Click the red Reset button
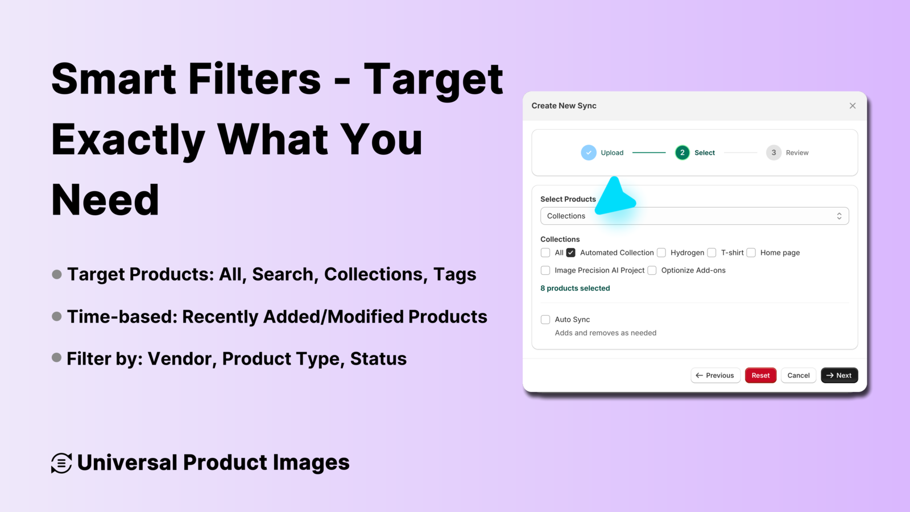[760, 375]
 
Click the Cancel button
[799, 375]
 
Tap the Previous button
[715, 375]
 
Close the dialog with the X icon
[853, 106]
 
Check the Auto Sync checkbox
[545, 319]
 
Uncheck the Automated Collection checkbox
[570, 253]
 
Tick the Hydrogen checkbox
[661, 253]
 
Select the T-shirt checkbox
[712, 253]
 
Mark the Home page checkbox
[751, 253]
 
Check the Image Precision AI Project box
[545, 270]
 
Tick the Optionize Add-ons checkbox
[652, 270]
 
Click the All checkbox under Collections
[545, 253]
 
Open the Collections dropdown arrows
[839, 216]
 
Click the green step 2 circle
[682, 152]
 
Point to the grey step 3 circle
[773, 152]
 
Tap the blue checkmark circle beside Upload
[588, 152]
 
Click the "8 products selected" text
[575, 288]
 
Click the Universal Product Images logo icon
[61, 463]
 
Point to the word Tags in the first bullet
[454, 275]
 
